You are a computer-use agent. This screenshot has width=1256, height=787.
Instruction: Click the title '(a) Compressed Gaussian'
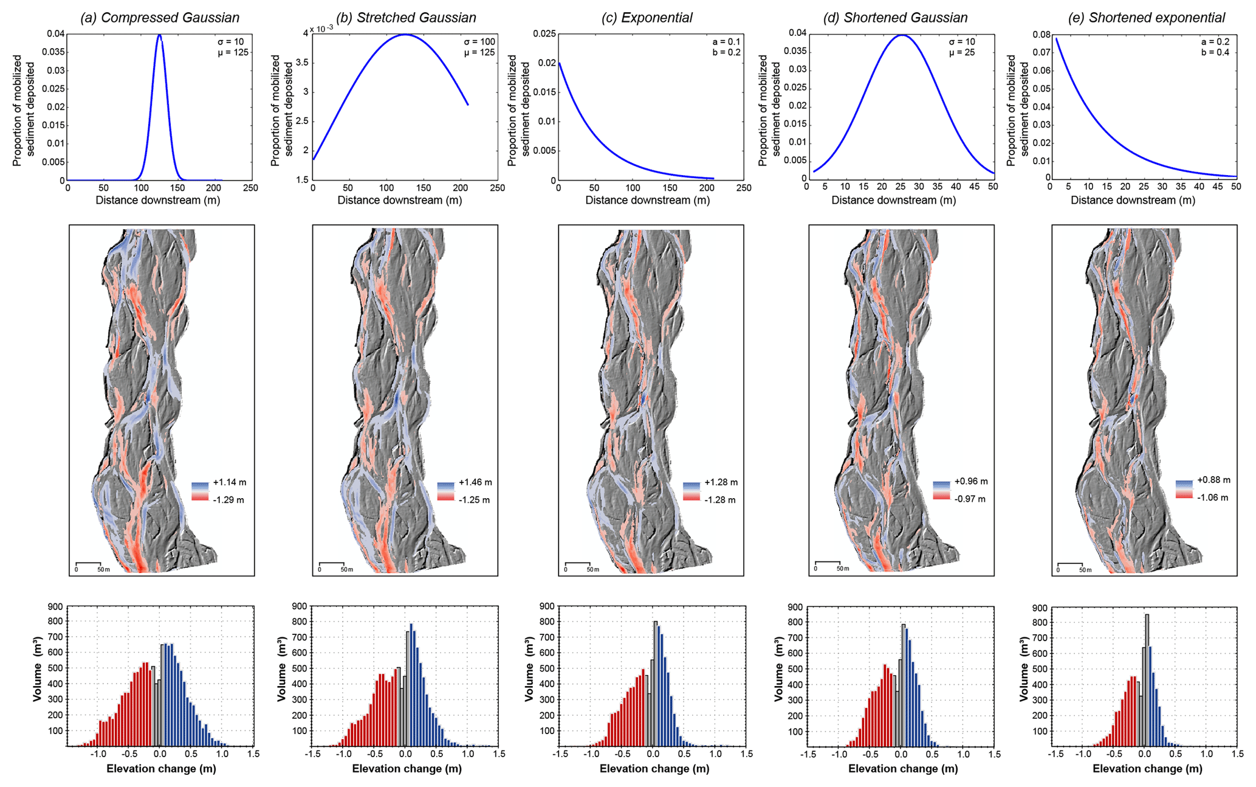coord(160,18)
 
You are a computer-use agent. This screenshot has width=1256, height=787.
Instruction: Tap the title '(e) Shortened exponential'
coord(1146,18)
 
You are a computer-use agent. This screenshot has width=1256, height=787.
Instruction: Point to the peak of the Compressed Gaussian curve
coord(159,35)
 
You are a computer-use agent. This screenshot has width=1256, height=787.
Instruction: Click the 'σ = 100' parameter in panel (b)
coord(479,42)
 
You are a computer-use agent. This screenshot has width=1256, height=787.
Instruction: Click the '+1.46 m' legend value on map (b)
coord(475,482)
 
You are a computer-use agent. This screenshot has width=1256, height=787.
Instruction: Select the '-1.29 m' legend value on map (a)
coord(228,500)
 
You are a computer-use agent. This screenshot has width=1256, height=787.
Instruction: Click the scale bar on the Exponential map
coord(577,563)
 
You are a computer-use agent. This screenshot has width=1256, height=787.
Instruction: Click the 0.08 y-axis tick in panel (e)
coord(1042,35)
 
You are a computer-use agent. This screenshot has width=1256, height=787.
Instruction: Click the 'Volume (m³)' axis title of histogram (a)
coord(38,669)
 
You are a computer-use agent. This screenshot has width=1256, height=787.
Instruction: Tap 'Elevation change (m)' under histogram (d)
coord(902,769)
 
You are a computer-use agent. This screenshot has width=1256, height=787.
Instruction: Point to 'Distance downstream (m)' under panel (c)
coord(647,200)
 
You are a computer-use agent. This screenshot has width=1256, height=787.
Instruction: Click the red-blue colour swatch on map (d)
coord(941,490)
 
